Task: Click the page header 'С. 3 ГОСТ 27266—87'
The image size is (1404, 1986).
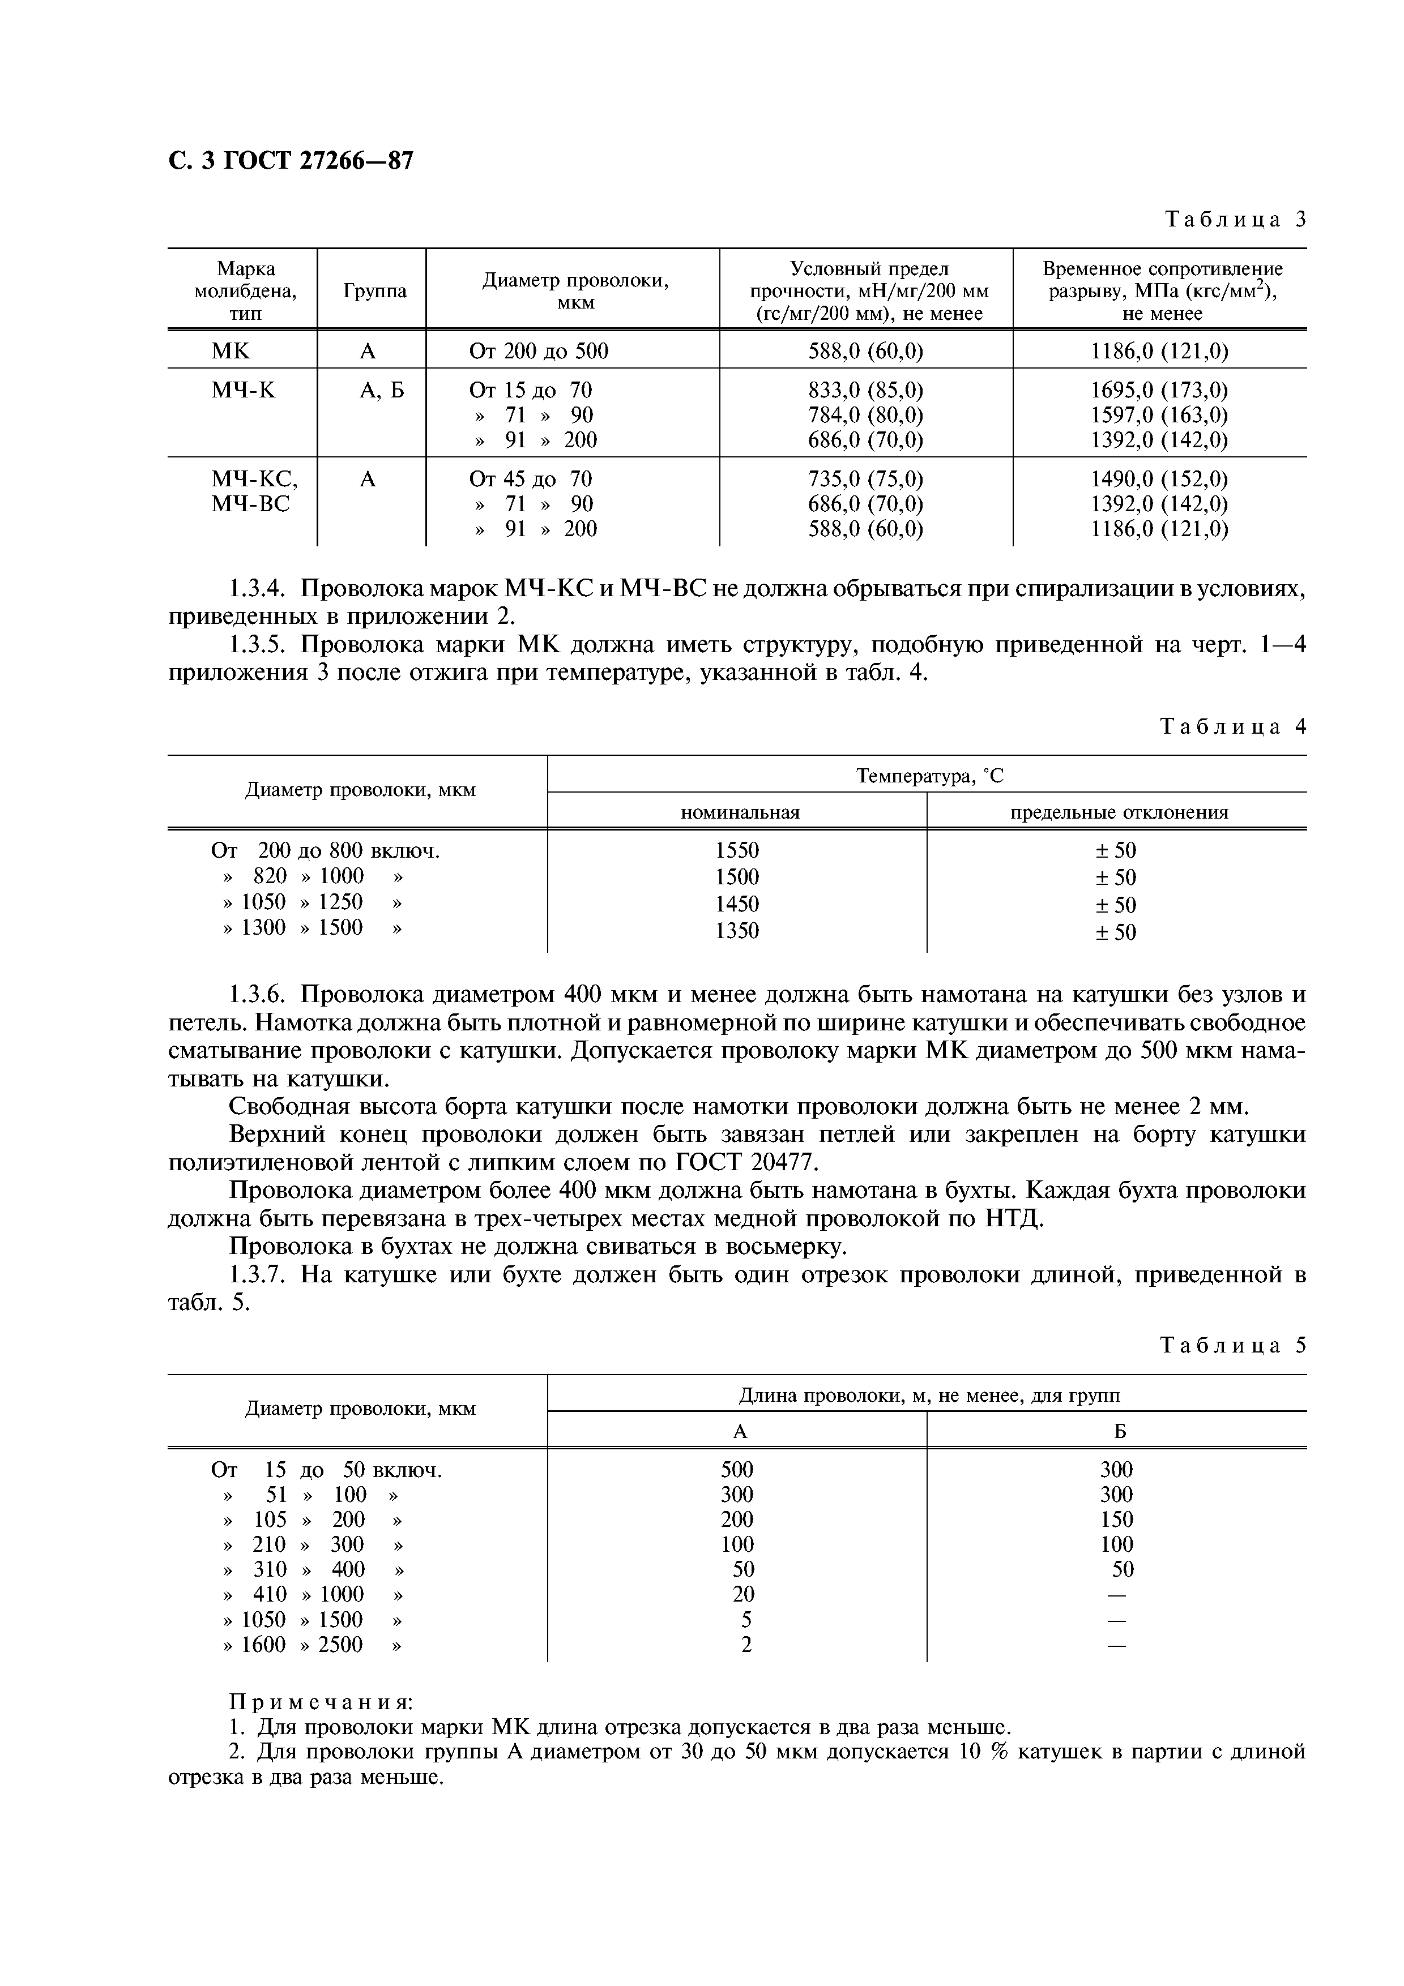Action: pyautogui.click(x=291, y=161)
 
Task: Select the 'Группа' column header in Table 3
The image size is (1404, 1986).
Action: pyautogui.click(x=374, y=290)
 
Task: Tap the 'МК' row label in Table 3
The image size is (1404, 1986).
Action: pyautogui.click(x=230, y=351)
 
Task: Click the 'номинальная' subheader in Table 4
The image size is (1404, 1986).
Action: pyautogui.click(x=740, y=812)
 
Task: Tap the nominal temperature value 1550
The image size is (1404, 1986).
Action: pyautogui.click(x=736, y=850)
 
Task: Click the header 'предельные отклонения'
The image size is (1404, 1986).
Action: pyautogui.click(x=1119, y=812)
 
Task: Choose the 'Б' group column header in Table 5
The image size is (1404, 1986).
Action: pyautogui.click(x=1119, y=1431)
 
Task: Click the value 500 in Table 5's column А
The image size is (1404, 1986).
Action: pyautogui.click(x=736, y=1469)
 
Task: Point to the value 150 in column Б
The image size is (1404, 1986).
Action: pyautogui.click(x=1116, y=1519)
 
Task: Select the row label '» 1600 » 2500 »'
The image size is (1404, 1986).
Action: pyautogui.click(x=312, y=1644)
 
